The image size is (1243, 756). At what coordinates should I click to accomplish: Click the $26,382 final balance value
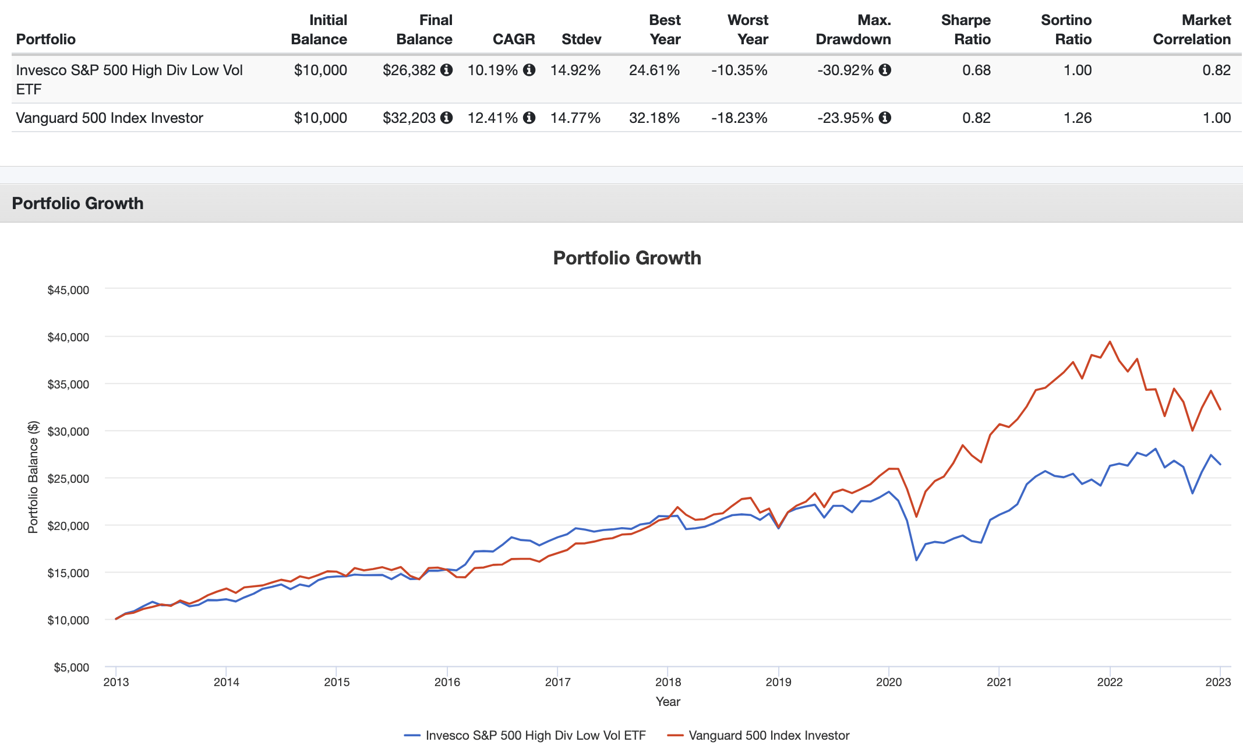409,70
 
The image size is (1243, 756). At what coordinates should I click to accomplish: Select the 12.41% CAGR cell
493,118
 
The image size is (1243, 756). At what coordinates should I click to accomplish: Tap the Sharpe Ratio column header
966,30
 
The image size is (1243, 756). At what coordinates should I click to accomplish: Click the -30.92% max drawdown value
845,70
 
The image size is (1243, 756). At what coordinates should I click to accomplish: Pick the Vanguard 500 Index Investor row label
110,118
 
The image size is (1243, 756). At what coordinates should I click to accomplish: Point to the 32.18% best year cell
654,118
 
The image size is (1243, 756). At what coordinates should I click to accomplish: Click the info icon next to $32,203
447,118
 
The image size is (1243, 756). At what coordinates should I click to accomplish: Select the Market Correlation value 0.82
1216,70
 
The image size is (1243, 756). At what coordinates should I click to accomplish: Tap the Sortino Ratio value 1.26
1078,118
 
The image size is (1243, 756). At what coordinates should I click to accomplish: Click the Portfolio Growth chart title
627,258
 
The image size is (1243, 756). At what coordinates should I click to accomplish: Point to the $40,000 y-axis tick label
68,337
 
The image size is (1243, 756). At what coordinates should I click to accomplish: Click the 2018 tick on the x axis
668,682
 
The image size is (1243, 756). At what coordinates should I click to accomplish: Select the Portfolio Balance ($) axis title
33,477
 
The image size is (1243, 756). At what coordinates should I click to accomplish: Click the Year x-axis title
668,702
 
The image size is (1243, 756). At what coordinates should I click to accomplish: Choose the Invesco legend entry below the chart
525,736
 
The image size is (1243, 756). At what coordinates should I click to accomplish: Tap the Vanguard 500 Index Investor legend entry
758,736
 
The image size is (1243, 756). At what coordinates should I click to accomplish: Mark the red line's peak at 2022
1110,342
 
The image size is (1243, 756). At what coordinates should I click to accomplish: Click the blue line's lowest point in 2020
916,560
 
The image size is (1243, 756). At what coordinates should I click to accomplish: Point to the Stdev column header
581,39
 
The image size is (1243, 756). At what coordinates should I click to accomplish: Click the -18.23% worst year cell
739,118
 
